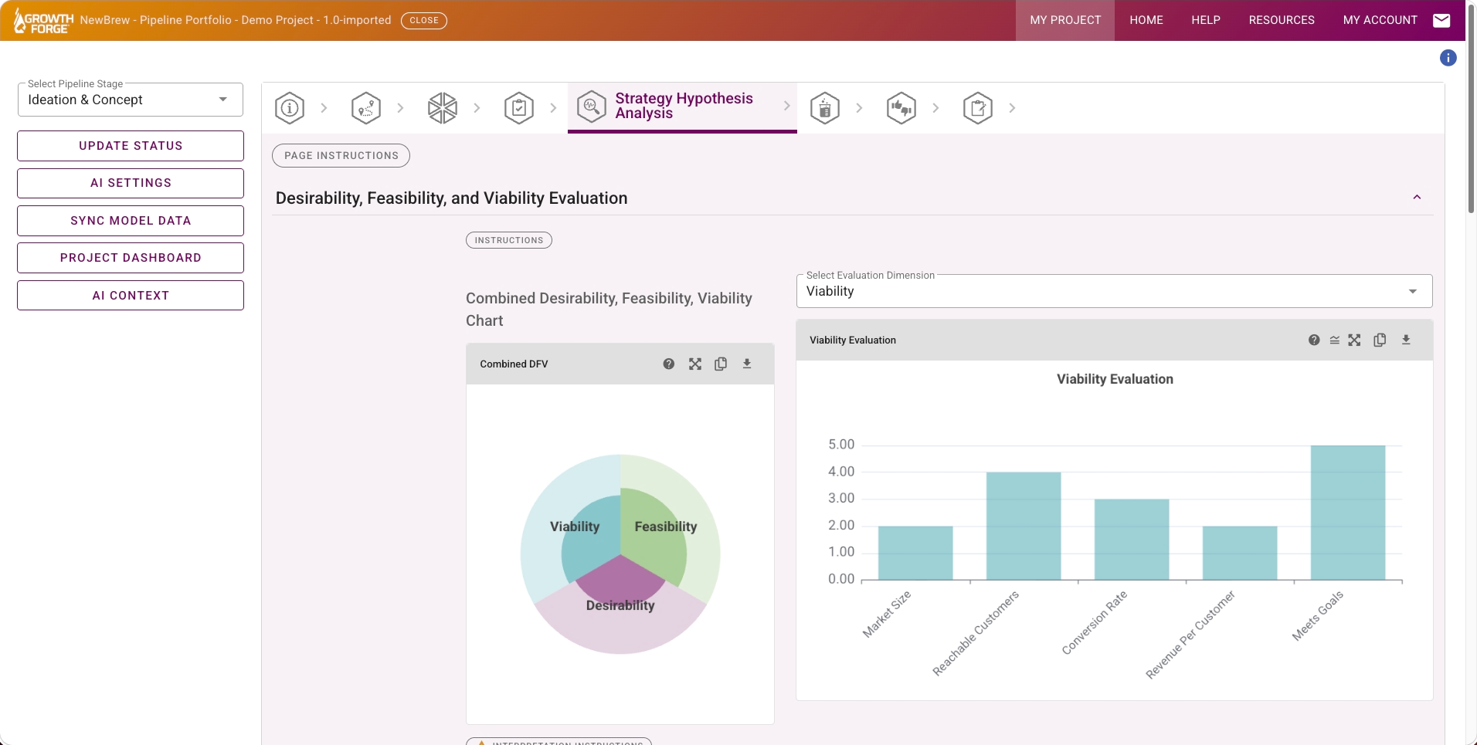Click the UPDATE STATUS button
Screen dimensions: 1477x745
[x=131, y=146]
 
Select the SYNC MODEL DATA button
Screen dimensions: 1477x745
[x=131, y=221]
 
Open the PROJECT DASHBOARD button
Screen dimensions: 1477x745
[x=131, y=258]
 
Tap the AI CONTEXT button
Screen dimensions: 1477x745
[x=131, y=296]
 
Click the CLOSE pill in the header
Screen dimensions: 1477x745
[x=424, y=20]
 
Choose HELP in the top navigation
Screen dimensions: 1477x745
[x=1206, y=20]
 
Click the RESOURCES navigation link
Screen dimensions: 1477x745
[x=1282, y=20]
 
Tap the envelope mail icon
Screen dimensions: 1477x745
[x=1441, y=20]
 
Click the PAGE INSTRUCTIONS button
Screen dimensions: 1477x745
[x=341, y=155]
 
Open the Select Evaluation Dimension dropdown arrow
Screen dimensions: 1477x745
[x=1413, y=291]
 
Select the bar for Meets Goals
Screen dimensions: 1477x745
[x=1348, y=513]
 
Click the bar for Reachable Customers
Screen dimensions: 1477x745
[x=1024, y=526]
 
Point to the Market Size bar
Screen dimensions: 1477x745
[x=915, y=553]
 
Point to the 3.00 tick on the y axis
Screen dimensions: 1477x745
[x=841, y=498]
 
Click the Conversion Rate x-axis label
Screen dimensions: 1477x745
[x=1095, y=622]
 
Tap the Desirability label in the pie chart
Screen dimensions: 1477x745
[x=620, y=605]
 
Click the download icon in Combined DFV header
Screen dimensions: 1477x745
[x=747, y=364]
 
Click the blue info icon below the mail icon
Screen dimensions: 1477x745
[x=1448, y=58]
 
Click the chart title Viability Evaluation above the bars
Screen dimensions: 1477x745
[x=1115, y=379]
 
